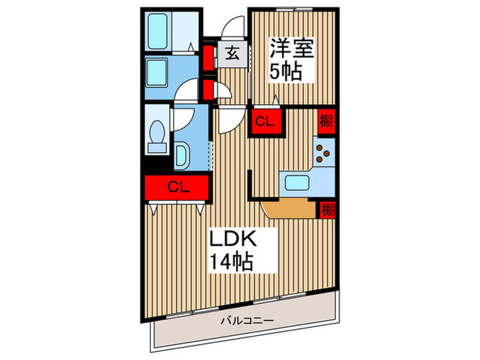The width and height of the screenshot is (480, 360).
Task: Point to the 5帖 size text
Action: [285, 71]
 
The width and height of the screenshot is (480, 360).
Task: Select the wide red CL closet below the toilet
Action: [177, 187]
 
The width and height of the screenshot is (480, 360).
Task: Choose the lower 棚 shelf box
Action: [326, 209]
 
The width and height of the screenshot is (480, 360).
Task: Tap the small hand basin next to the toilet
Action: [182, 155]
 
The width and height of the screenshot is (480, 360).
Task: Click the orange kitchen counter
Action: [288, 208]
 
